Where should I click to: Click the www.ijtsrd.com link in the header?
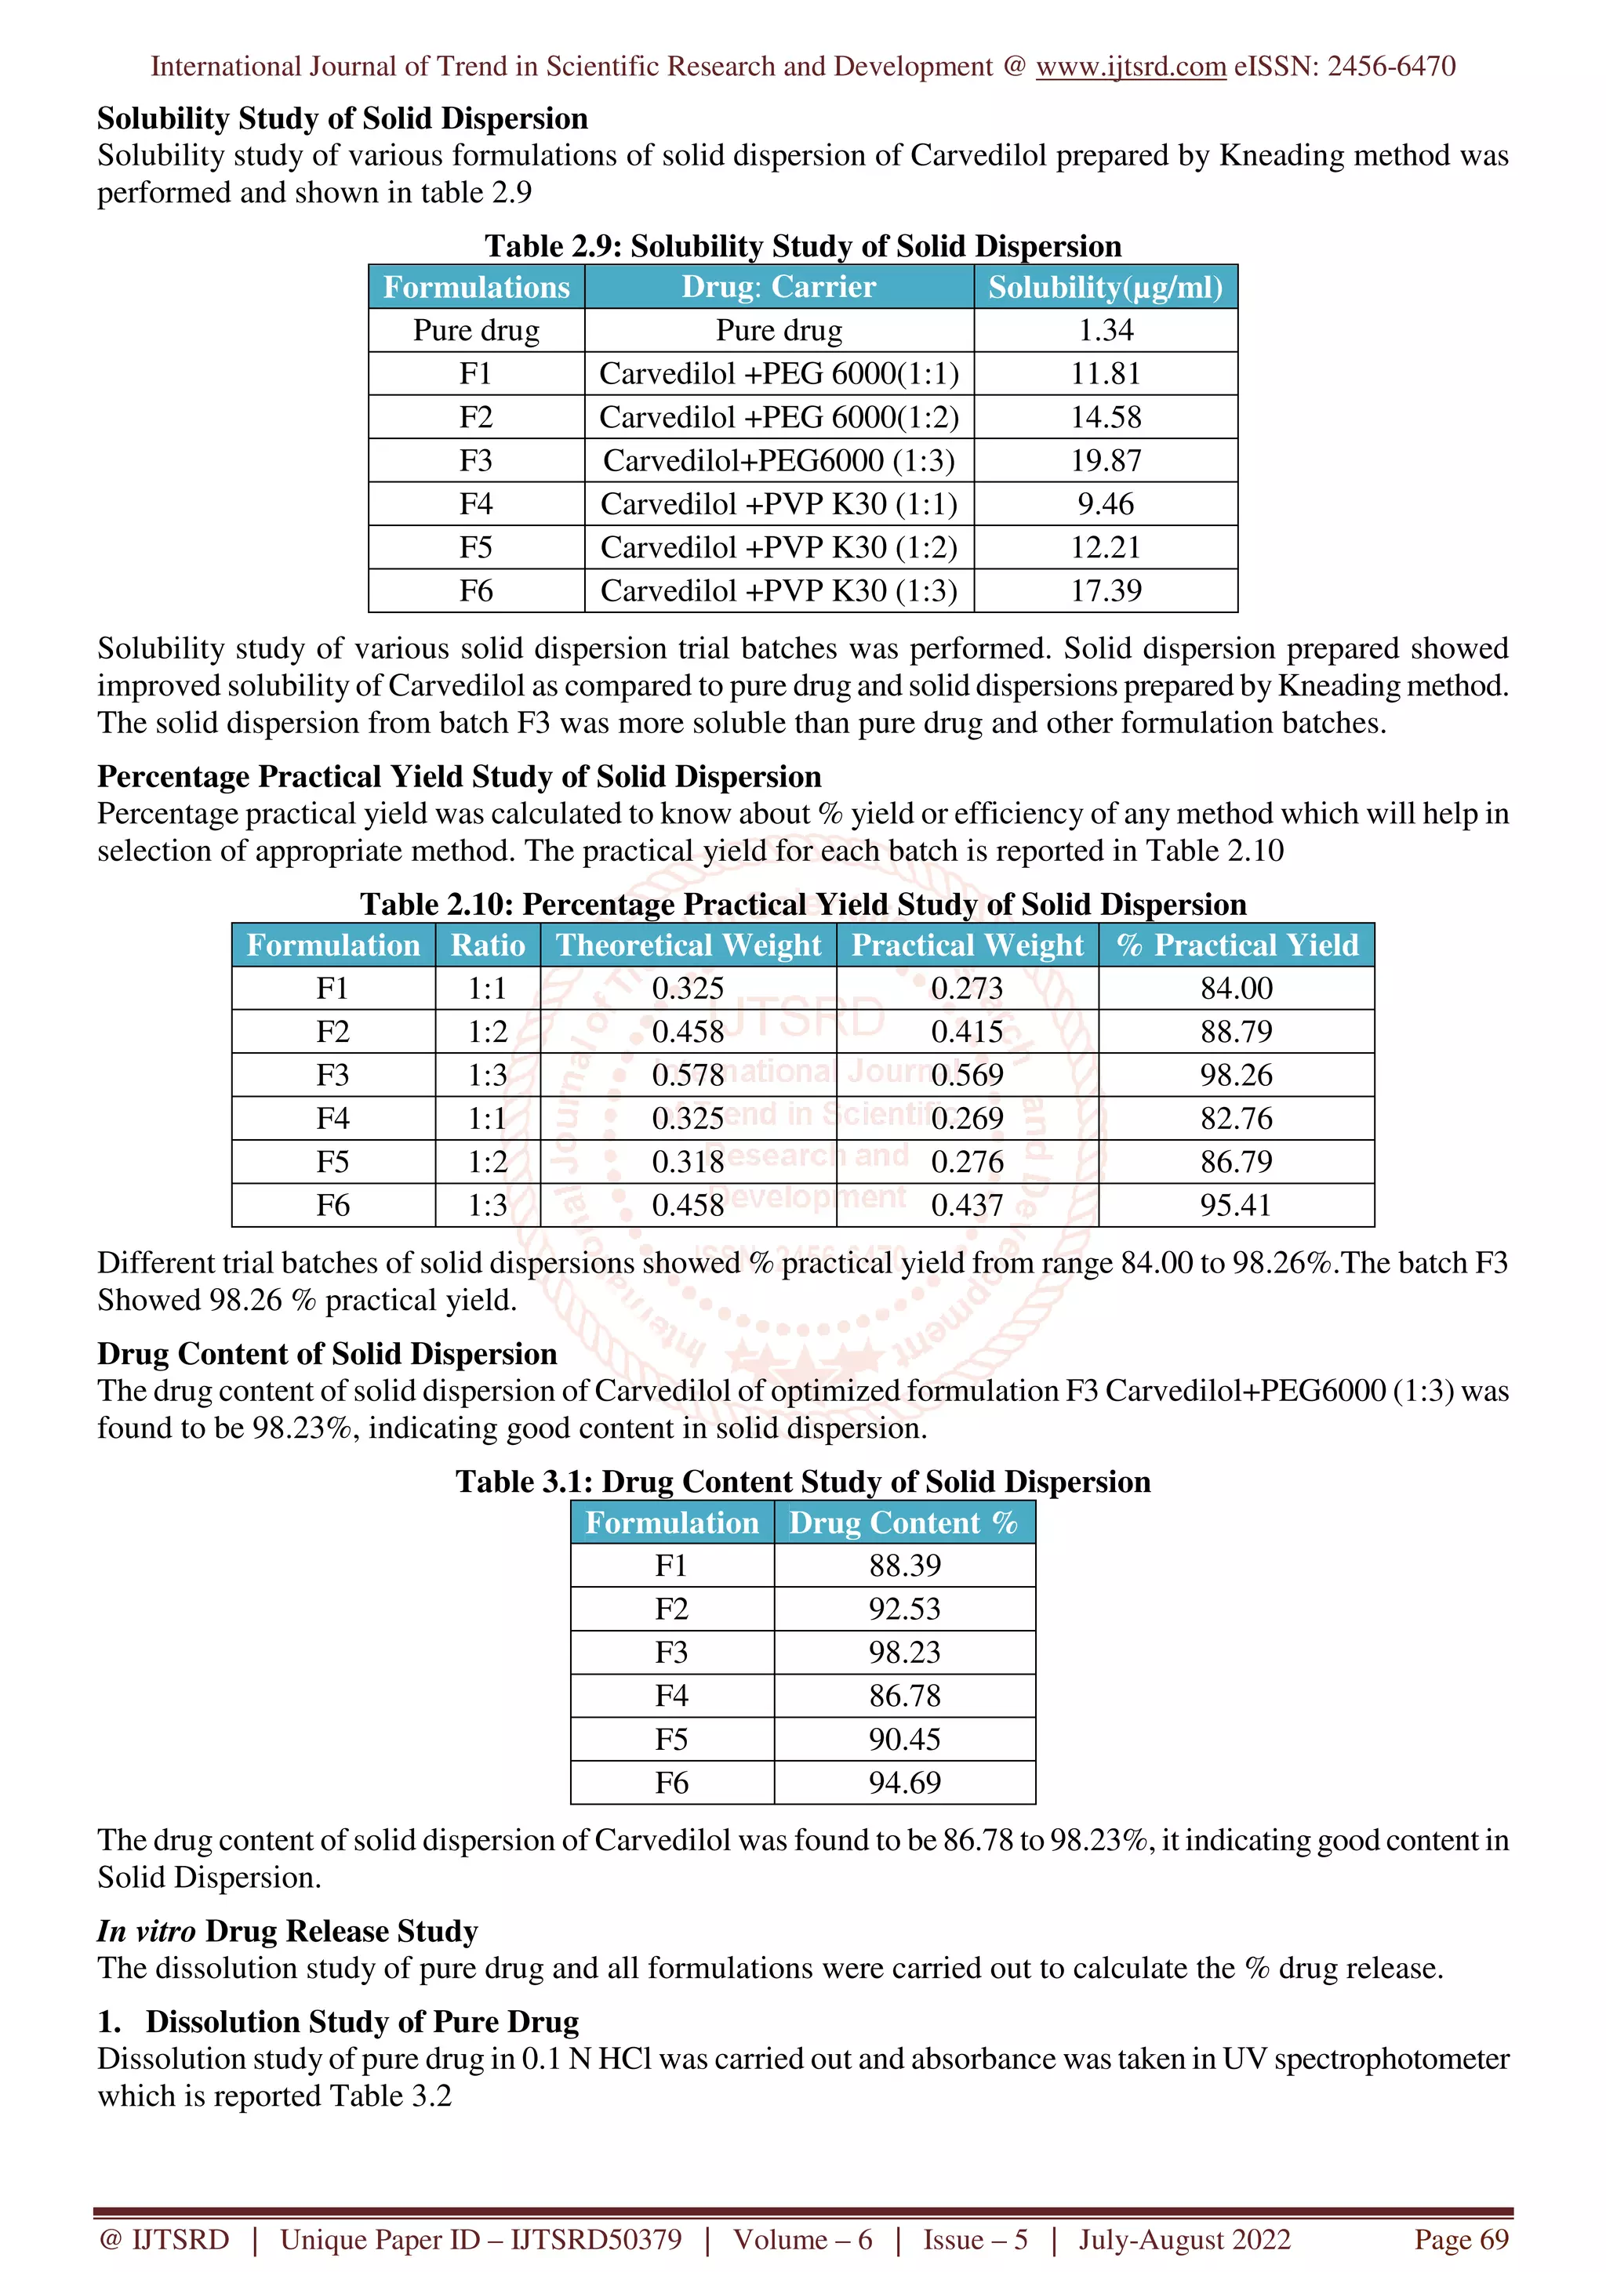coord(1130,67)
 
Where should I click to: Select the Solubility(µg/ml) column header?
coord(1105,287)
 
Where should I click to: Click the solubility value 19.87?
coord(1105,460)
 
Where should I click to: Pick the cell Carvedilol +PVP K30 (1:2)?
coord(779,547)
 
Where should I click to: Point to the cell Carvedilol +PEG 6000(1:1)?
coord(779,374)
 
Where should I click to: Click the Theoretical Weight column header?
coord(688,945)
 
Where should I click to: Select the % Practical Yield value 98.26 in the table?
coord(1236,1075)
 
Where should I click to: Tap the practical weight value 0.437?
coord(967,1205)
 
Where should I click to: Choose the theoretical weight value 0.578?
coord(688,1075)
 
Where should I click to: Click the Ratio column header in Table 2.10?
coord(488,945)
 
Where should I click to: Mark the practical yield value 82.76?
coord(1236,1118)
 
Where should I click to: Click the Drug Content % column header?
coord(903,1522)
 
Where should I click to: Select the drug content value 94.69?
coord(904,1782)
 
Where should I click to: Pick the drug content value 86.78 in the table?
coord(904,1695)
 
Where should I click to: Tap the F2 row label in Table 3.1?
coord(671,1609)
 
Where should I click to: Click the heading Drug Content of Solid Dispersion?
coord(326,1354)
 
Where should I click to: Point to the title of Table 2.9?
coord(802,245)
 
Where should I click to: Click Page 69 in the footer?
coord(1461,2239)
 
